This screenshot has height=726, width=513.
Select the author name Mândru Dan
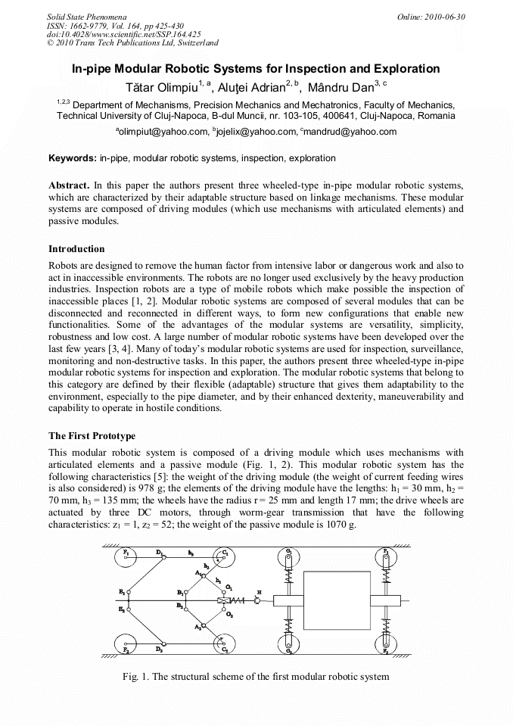[x=338, y=86]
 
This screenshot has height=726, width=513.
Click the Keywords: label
[x=73, y=159]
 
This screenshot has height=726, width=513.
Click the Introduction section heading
[x=76, y=249]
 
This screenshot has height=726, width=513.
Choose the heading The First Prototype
[x=92, y=436]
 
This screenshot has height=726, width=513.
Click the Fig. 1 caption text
[x=256, y=676]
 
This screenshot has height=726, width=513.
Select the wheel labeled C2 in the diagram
[x=222, y=648]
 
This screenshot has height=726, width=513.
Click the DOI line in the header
[x=123, y=34]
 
